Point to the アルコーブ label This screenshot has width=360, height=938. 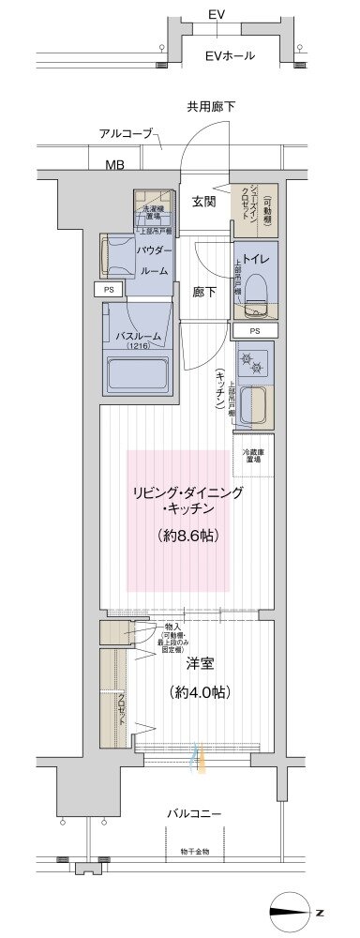coord(126,134)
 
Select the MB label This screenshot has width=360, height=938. coord(114,166)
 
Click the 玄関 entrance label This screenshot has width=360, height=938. coord(205,201)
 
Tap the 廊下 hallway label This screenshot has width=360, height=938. coord(205,292)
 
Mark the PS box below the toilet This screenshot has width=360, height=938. coord(255,331)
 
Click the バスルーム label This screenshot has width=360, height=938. coord(138,337)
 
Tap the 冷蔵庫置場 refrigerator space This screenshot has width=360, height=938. coord(253,456)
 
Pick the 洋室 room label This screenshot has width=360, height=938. coord(200,664)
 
